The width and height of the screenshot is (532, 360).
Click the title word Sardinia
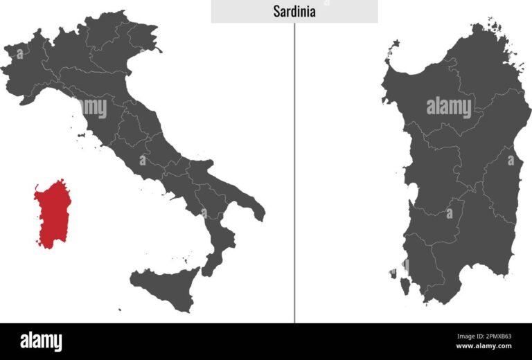click(294, 12)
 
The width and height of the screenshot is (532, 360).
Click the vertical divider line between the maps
click(294, 173)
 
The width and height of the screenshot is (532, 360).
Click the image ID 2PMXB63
click(493, 336)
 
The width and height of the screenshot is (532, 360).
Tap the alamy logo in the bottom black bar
click(41, 341)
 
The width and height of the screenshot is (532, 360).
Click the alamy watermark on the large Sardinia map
click(448, 107)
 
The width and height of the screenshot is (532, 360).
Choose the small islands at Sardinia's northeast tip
click(493, 28)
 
